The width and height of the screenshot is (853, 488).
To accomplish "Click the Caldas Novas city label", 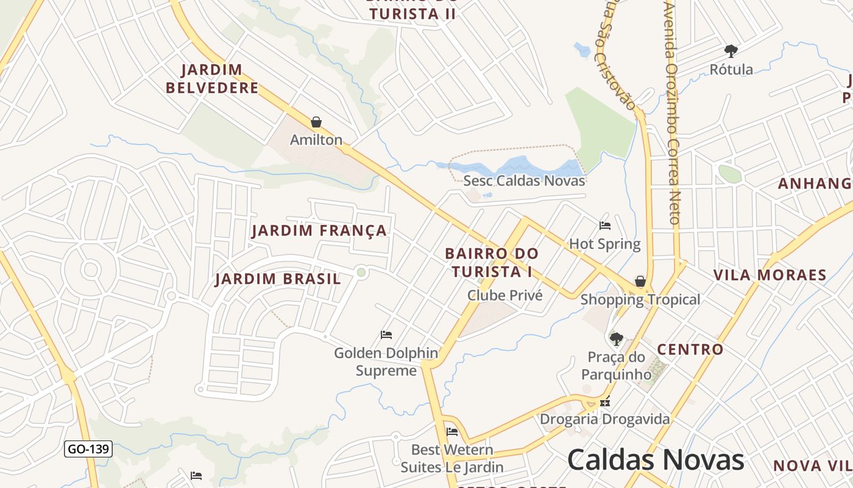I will pyautogui.click(x=656, y=460).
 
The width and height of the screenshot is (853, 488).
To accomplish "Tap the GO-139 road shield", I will pyautogui.click(x=88, y=450).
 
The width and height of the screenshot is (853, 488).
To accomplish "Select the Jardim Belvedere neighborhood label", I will pyautogui.click(x=212, y=79).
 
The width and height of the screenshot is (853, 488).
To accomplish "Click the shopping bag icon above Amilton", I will pyautogui.click(x=316, y=123).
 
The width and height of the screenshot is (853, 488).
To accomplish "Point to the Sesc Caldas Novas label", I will pyautogui.click(x=524, y=181).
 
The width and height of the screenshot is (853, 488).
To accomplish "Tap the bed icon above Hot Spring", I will pyautogui.click(x=605, y=226).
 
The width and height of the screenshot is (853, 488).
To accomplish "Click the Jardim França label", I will pyautogui.click(x=319, y=231).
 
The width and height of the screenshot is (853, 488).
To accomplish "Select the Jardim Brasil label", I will pyautogui.click(x=278, y=279).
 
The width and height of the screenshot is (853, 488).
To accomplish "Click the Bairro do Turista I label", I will pyautogui.click(x=492, y=262).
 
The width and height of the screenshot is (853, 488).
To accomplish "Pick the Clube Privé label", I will pyautogui.click(x=504, y=295).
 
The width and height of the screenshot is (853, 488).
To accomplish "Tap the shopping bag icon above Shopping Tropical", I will pyautogui.click(x=640, y=281).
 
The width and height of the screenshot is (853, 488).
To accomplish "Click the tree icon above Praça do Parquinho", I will pyautogui.click(x=617, y=339).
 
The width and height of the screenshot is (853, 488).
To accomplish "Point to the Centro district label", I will pyautogui.click(x=690, y=350).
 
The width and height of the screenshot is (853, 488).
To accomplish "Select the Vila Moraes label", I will pyautogui.click(x=770, y=275).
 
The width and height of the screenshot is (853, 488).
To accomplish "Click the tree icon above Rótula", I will pyautogui.click(x=731, y=51).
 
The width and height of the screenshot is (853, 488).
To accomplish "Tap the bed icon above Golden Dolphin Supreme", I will pyautogui.click(x=386, y=334).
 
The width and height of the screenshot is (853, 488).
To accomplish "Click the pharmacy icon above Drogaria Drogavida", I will pyautogui.click(x=605, y=401).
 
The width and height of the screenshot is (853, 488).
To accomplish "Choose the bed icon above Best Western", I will pyautogui.click(x=452, y=432).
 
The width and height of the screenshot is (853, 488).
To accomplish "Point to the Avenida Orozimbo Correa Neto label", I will pyautogui.click(x=672, y=113).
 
